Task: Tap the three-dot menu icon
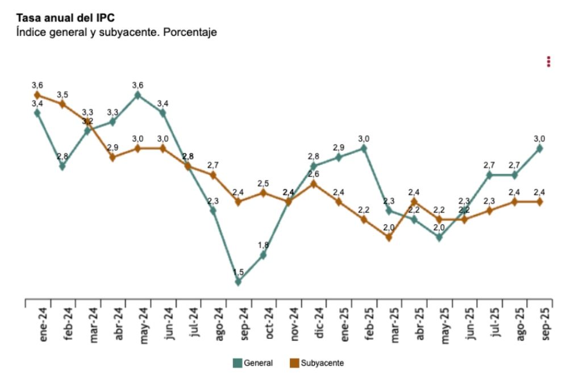point(548,61)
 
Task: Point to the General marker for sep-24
point(238,282)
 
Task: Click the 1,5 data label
point(238,272)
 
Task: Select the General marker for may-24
point(138,95)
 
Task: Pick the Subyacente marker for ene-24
point(38,95)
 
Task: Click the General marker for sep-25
point(539,148)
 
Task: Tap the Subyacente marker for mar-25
point(389,237)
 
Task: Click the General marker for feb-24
point(63,166)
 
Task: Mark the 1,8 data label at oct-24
point(263,245)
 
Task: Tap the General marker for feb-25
point(364,148)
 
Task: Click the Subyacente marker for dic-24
point(314,183)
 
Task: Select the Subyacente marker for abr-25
point(414,202)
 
